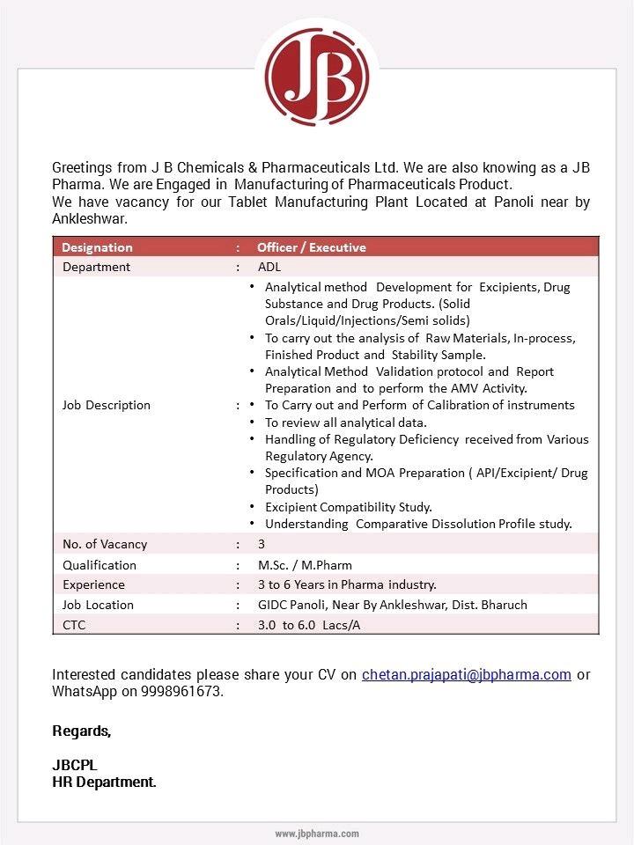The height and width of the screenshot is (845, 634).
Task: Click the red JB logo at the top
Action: [317, 77]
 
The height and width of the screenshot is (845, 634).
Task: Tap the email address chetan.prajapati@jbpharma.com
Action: [466, 675]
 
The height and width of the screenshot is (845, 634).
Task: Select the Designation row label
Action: [97, 247]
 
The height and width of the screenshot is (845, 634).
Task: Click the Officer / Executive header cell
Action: [311, 247]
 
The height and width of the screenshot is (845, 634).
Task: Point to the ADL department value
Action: [269, 267]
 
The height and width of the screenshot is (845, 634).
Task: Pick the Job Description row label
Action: [106, 405]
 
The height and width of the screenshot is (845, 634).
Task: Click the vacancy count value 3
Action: [262, 544]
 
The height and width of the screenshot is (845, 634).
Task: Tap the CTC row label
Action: [74, 625]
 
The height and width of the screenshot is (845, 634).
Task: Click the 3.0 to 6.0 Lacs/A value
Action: [309, 625]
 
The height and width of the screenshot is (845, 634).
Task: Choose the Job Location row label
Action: [98, 605]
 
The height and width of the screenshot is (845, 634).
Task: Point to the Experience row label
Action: [93, 584]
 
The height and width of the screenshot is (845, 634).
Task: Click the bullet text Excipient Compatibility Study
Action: [348, 507]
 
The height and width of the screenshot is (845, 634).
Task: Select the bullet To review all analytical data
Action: [345, 422]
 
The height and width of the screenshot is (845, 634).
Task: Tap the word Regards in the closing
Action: [82, 731]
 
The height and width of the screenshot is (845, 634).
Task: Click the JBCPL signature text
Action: [75, 765]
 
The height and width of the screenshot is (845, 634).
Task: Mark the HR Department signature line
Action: [104, 782]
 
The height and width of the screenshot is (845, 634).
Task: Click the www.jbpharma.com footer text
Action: [317, 834]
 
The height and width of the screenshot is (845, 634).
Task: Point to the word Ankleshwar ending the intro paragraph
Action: [90, 218]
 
